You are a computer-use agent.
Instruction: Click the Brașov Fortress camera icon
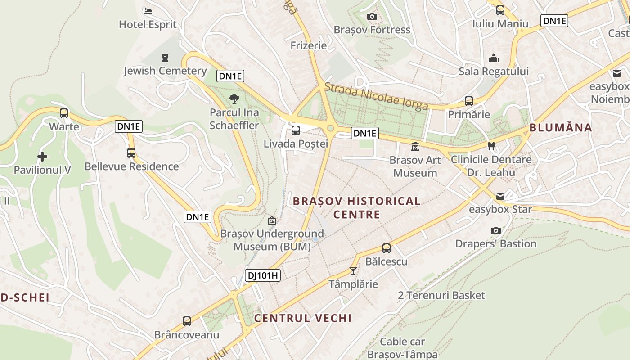(372, 17)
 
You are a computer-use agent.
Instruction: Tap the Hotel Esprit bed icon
(148, 11)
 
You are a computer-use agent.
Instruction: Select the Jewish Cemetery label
(165, 71)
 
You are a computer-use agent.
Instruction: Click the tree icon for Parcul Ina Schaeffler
(234, 99)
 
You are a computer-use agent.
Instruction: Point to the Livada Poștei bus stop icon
(296, 130)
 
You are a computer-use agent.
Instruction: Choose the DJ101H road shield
(263, 275)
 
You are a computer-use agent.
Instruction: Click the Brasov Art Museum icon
(415, 147)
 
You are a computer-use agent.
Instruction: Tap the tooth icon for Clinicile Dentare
(491, 146)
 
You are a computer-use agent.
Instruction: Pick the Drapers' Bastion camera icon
(496, 230)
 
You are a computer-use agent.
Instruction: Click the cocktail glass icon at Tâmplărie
(353, 271)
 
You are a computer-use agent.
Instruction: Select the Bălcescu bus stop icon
(387, 248)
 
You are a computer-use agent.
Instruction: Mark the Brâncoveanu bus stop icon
(187, 321)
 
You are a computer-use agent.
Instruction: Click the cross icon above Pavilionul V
(42, 157)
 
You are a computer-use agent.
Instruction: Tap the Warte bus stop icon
(64, 113)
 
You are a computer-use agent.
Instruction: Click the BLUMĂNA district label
(560, 127)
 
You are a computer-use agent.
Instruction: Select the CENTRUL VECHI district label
(303, 318)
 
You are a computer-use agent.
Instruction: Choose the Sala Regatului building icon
(494, 58)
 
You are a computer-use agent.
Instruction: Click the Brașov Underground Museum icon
(272, 220)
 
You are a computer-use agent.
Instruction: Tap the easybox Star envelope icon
(500, 196)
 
